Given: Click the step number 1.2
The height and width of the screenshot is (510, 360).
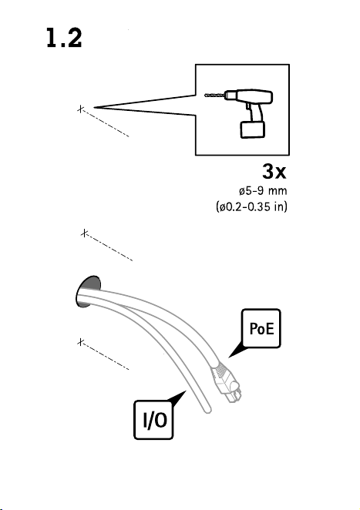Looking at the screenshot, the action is [64, 38].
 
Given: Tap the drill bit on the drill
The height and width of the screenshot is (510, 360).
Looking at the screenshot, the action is [215, 96].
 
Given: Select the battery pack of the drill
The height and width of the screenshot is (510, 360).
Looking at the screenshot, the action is [253, 129].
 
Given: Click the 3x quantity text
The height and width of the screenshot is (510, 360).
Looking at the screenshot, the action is [274, 171].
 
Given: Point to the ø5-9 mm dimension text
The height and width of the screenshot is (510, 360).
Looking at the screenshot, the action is [263, 190].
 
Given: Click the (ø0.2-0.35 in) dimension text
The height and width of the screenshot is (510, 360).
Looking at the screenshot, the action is [251, 206].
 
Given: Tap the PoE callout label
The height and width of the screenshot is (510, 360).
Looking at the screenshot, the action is [261, 328].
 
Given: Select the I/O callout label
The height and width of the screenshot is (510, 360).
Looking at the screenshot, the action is [153, 420].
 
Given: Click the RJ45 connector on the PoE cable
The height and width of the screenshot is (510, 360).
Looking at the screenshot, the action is [226, 383].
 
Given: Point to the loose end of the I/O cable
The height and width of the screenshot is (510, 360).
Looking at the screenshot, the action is [207, 410].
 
